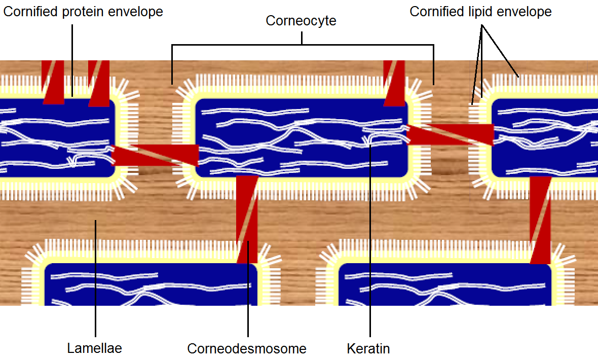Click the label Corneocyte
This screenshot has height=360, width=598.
pos(301,21)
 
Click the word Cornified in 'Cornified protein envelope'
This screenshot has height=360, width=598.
pos(31,11)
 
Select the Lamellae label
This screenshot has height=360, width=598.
pos(94,348)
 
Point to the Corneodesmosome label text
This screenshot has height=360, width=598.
pos(247,348)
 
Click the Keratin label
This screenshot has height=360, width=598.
pos(368,348)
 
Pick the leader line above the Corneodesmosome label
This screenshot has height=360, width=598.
pos(248,304)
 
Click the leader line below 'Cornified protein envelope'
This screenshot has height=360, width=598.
pos(72,56)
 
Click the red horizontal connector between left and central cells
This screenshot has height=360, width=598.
pos(155,155)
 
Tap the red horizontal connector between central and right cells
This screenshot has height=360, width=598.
pos(450,134)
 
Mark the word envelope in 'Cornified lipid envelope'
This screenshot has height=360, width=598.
pos(527,11)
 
